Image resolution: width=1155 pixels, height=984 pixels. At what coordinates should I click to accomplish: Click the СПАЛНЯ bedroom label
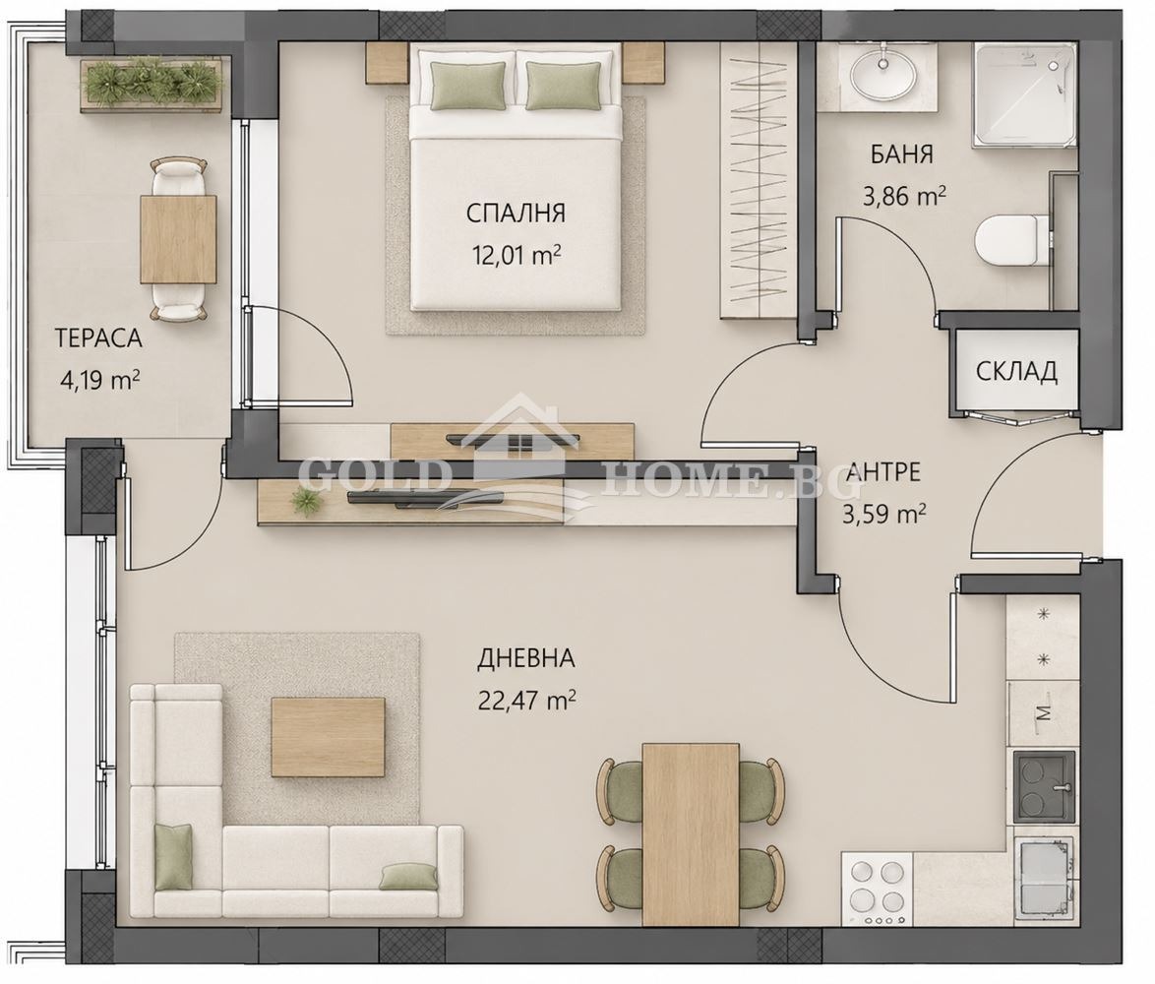click(x=516, y=214)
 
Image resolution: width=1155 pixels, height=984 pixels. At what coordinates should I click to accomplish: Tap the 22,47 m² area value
click(x=526, y=699)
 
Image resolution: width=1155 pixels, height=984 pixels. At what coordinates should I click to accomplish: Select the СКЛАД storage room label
click(x=1016, y=372)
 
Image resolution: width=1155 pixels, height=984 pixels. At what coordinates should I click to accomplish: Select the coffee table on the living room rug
click(x=328, y=737)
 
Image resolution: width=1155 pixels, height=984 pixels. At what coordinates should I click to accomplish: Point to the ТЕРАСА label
click(x=98, y=338)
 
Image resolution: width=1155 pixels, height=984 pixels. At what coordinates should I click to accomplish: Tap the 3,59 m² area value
click(x=883, y=514)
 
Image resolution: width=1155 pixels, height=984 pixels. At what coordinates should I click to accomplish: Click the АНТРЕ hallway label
click(x=883, y=471)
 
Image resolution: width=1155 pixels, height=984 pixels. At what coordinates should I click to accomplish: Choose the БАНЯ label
click(x=901, y=154)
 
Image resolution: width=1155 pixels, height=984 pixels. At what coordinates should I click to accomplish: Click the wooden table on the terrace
click(x=178, y=239)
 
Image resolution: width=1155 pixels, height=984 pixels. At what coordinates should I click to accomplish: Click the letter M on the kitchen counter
click(x=1042, y=712)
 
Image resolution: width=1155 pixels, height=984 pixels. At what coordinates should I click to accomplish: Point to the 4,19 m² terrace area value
click(x=99, y=382)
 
